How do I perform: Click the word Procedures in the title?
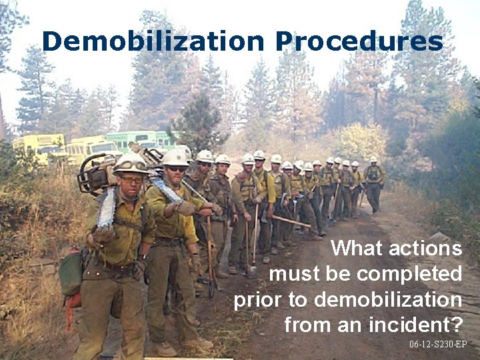360,41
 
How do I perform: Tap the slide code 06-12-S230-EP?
438,345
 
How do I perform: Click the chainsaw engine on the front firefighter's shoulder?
97,175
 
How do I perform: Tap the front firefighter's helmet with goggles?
131,163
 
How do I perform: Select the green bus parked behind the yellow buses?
133,141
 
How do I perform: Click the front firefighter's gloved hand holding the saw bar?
103,233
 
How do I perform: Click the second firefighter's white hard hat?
176,158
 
